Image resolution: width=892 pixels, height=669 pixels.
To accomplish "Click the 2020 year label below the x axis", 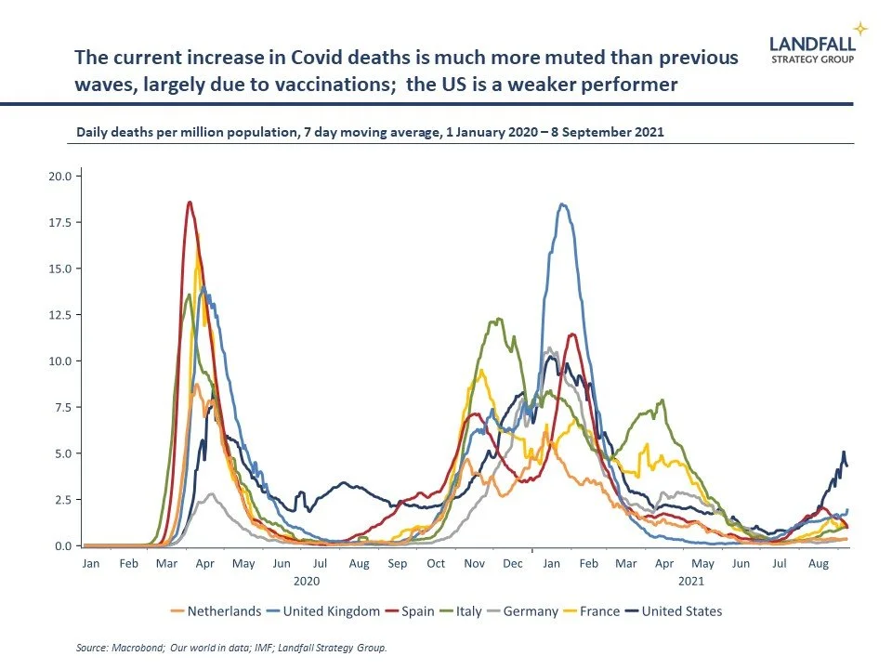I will click(x=307, y=580).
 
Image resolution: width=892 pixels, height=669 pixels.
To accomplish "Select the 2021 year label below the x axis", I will click(x=690, y=580).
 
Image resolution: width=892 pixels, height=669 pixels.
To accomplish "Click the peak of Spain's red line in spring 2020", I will click(x=190, y=202).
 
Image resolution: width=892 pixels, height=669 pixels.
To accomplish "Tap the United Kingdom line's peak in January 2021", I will click(x=562, y=204).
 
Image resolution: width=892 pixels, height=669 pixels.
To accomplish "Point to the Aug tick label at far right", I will click(x=818, y=563).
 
